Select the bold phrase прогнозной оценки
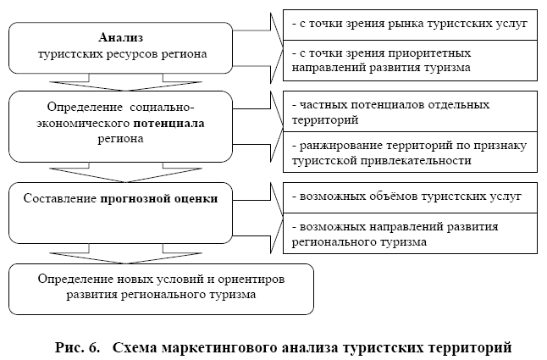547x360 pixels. (x=170, y=199)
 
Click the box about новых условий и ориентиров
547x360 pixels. (x=162, y=288)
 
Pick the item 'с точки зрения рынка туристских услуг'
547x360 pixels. (x=408, y=24)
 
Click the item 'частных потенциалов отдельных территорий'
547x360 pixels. (x=408, y=113)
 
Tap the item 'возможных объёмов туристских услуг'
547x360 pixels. (x=408, y=197)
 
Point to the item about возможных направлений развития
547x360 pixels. (x=408, y=235)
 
